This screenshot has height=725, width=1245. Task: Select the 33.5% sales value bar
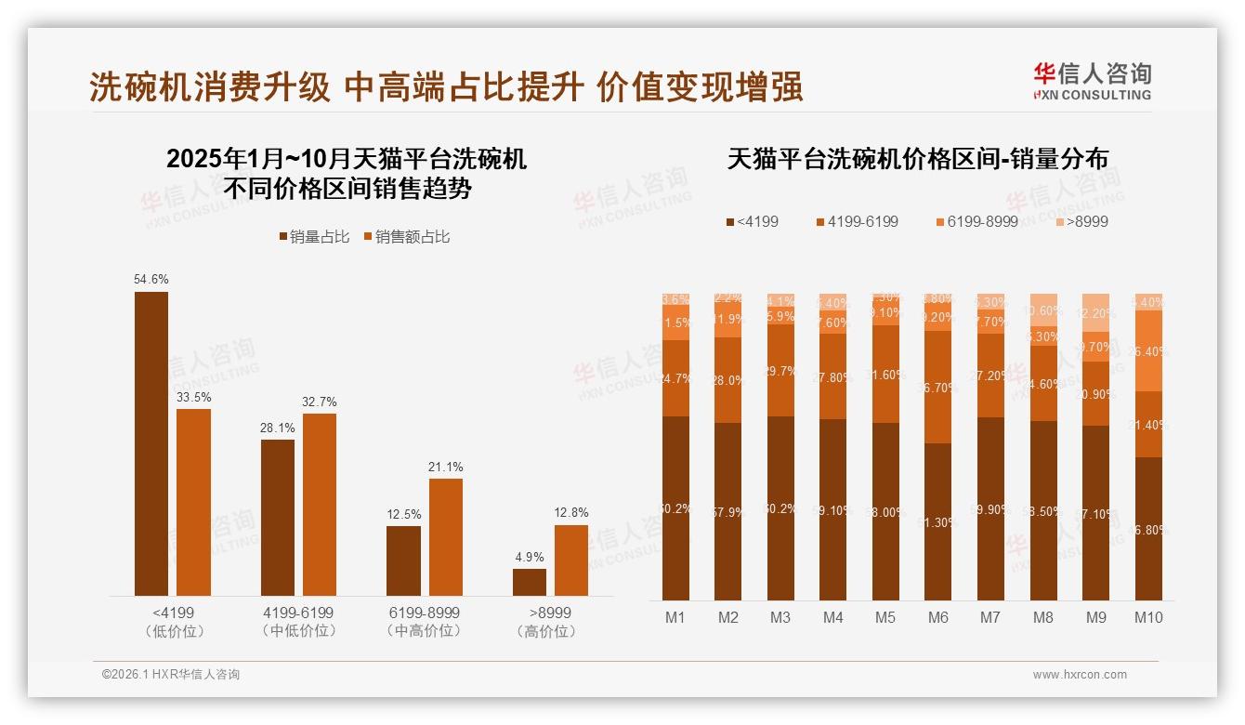[x=193, y=502]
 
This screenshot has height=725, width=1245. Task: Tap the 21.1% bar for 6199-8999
[x=445, y=536]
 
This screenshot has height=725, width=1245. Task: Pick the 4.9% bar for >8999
[x=530, y=582]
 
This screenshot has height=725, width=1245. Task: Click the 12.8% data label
[x=571, y=513]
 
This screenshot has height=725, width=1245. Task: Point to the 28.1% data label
[x=278, y=428]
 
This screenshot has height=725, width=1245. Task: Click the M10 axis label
[x=1148, y=617]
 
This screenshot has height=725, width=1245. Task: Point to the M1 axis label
[x=675, y=617]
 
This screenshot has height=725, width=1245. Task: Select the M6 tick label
[x=938, y=617]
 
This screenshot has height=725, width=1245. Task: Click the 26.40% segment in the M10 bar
[x=1149, y=350]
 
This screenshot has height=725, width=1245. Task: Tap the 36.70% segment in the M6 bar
[x=938, y=387]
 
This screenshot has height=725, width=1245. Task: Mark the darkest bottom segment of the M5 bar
[x=886, y=511]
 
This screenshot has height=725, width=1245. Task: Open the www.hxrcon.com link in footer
[x=1080, y=675]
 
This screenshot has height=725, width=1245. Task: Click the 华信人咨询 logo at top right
[x=1093, y=81]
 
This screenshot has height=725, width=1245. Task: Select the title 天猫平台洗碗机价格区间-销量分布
[x=917, y=159]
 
